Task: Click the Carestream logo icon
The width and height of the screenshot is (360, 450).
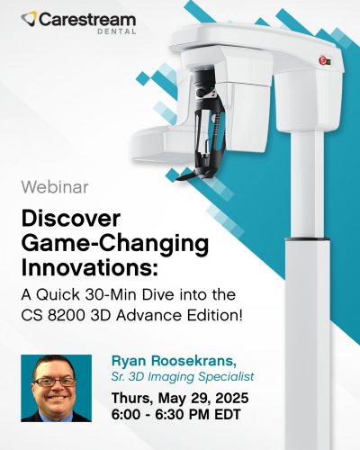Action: (29, 18)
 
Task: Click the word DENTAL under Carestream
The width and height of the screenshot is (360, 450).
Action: (117, 31)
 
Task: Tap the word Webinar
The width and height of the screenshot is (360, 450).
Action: (55, 186)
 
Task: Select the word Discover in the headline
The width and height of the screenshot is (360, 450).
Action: (71, 219)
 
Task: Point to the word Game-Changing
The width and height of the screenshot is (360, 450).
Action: (115, 245)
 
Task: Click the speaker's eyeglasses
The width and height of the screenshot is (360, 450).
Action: (55, 382)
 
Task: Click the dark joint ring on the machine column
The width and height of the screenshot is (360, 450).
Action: (307, 239)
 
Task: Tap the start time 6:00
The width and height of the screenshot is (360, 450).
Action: (126, 415)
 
